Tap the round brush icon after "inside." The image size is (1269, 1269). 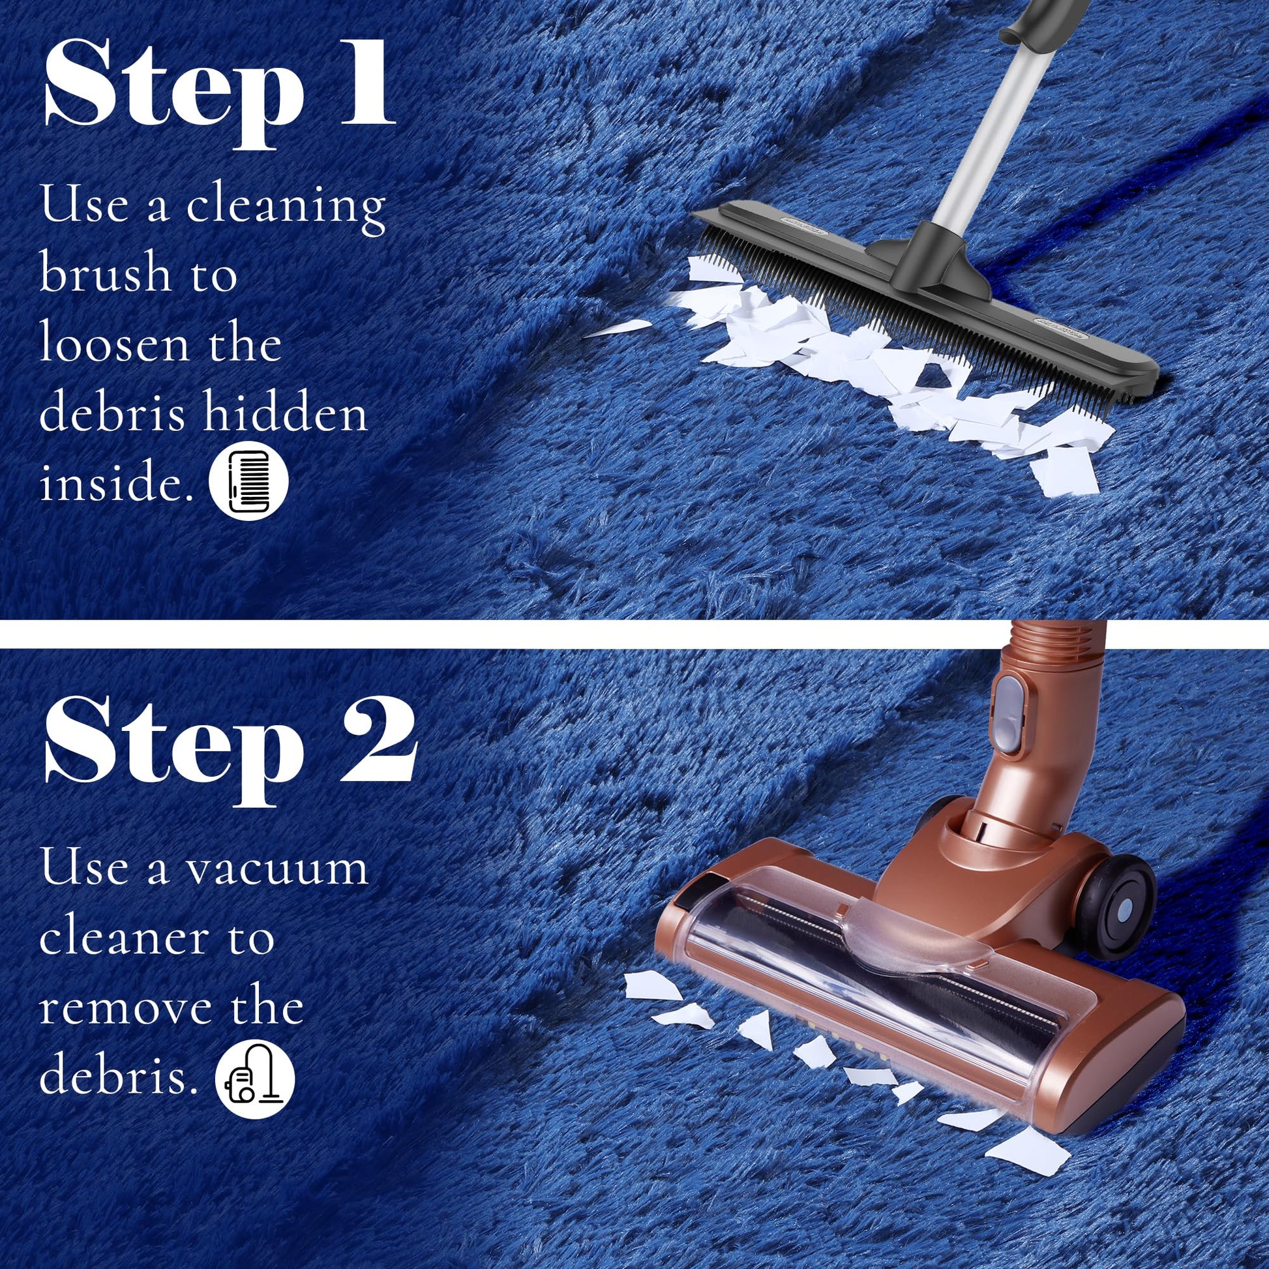(249, 481)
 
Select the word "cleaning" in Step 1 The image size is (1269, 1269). (286, 207)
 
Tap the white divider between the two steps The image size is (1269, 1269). (634, 634)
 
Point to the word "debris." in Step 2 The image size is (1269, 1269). (119, 1077)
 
